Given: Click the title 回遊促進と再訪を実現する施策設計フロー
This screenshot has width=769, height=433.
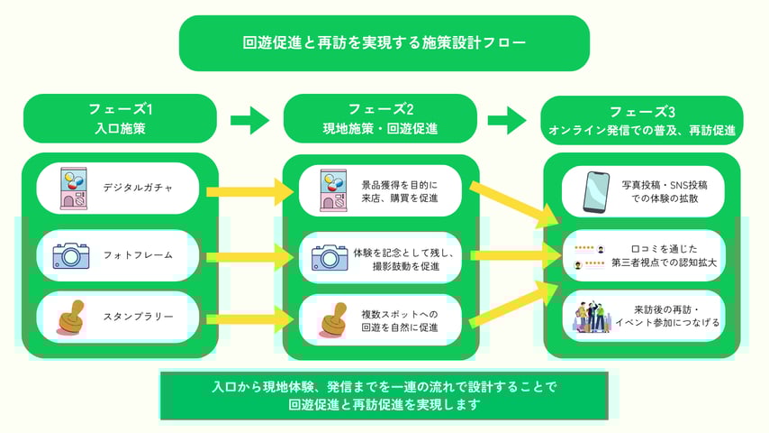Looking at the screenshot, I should coord(384,42).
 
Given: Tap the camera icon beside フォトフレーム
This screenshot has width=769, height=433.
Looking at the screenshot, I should coord(70,255).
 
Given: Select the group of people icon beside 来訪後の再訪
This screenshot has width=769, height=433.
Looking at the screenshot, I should coord(593,316).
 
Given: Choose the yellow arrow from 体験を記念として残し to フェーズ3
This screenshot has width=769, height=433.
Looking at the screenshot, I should coord(509,256).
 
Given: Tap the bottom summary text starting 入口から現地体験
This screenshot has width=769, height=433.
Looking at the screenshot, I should coord(384,395).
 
